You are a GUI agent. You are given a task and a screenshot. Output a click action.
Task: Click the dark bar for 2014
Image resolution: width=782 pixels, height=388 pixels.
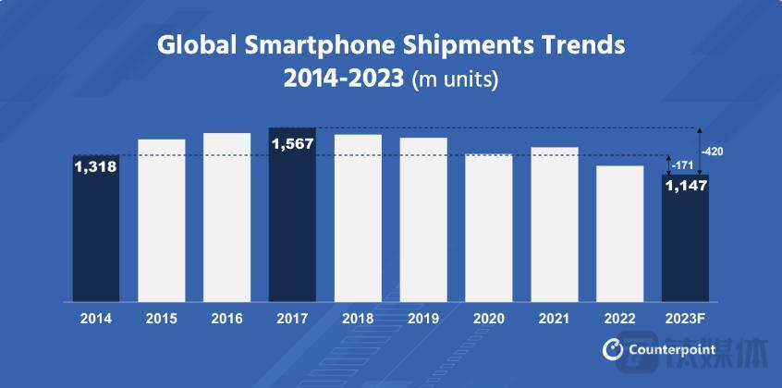click(x=96, y=228)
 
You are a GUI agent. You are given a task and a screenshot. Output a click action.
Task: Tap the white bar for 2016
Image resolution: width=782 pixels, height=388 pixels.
click(x=227, y=217)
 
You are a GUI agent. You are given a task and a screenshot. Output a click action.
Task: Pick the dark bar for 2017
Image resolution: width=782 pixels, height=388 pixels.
click(x=292, y=214)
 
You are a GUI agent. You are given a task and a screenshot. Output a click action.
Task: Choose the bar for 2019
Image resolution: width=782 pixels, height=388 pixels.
click(x=423, y=219)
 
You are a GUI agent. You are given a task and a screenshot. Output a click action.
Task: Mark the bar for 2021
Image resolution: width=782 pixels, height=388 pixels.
click(x=555, y=224)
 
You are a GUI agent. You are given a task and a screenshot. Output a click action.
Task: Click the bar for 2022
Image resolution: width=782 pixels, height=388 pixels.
click(x=620, y=233)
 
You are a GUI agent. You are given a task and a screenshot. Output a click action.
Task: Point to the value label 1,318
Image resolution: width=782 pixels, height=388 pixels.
click(x=96, y=167)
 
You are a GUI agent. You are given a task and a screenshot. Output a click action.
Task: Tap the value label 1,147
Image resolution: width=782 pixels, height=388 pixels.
click(x=685, y=187)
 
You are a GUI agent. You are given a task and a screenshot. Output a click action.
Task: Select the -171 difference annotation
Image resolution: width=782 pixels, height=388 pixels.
click(x=683, y=164)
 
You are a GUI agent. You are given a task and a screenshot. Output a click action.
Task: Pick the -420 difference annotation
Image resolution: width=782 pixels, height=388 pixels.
click(x=713, y=150)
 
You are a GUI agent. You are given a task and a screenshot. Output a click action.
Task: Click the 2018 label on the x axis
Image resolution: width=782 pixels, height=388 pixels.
click(x=358, y=318)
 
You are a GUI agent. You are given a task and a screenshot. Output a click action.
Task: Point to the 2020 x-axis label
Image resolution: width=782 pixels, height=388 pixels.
click(x=489, y=318)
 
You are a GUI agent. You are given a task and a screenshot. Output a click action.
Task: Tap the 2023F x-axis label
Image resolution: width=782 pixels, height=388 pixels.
click(x=685, y=318)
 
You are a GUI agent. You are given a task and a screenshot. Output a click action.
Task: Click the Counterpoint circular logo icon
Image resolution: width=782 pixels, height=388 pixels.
click(x=612, y=349)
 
